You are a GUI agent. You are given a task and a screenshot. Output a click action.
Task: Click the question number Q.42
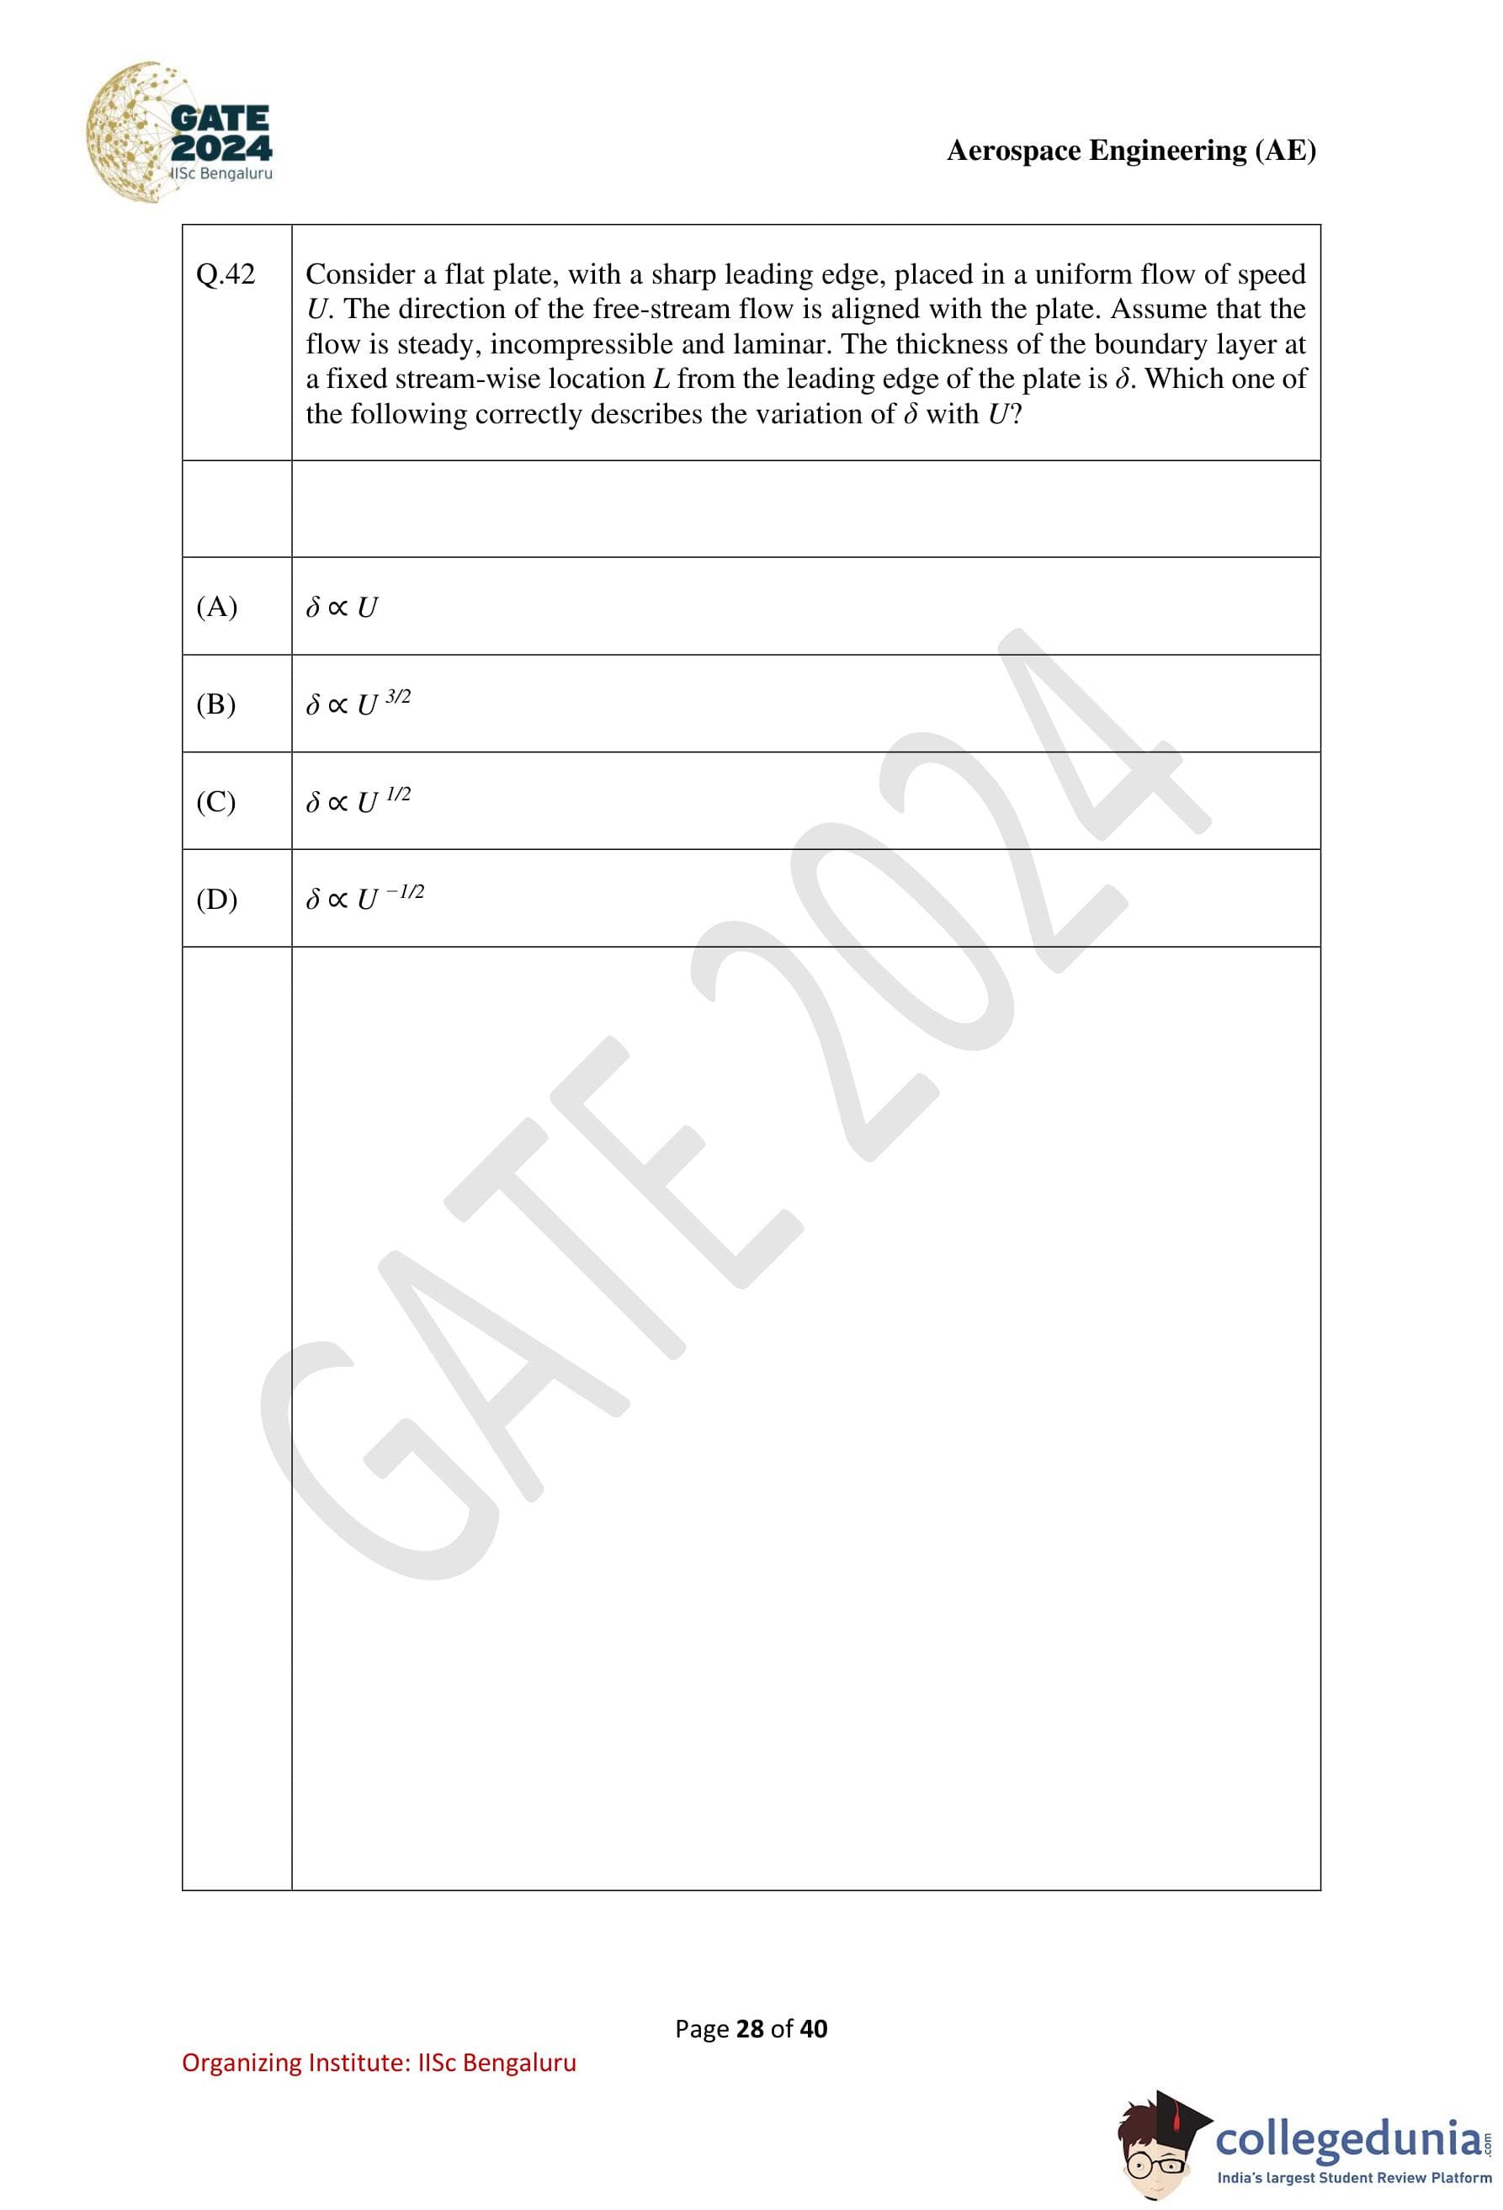pyautogui.click(x=226, y=275)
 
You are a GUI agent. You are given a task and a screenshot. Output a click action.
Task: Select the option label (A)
pyautogui.click(x=217, y=607)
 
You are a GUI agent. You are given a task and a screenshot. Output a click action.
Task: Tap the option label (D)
pyautogui.click(x=217, y=899)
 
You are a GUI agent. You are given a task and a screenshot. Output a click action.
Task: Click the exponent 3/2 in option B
pyautogui.click(x=397, y=696)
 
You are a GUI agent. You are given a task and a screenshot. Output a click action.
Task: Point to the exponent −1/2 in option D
pyautogui.click(x=405, y=891)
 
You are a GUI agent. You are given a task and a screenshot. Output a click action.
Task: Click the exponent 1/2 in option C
pyautogui.click(x=397, y=794)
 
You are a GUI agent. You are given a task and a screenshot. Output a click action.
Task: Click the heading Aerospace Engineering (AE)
pyautogui.click(x=1130, y=151)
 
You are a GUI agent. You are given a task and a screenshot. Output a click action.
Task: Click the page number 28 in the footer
pyautogui.click(x=750, y=2029)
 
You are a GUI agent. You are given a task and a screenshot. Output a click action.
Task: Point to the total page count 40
pyautogui.click(x=814, y=2029)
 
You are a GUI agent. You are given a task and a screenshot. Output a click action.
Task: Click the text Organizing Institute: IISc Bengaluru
pyautogui.click(x=379, y=2063)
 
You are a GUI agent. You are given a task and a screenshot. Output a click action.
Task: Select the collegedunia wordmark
pyautogui.click(x=1348, y=2138)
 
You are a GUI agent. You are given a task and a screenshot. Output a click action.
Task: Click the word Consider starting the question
pyautogui.click(x=359, y=275)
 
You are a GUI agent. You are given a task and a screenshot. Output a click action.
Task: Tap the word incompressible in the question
pyautogui.click(x=581, y=344)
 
